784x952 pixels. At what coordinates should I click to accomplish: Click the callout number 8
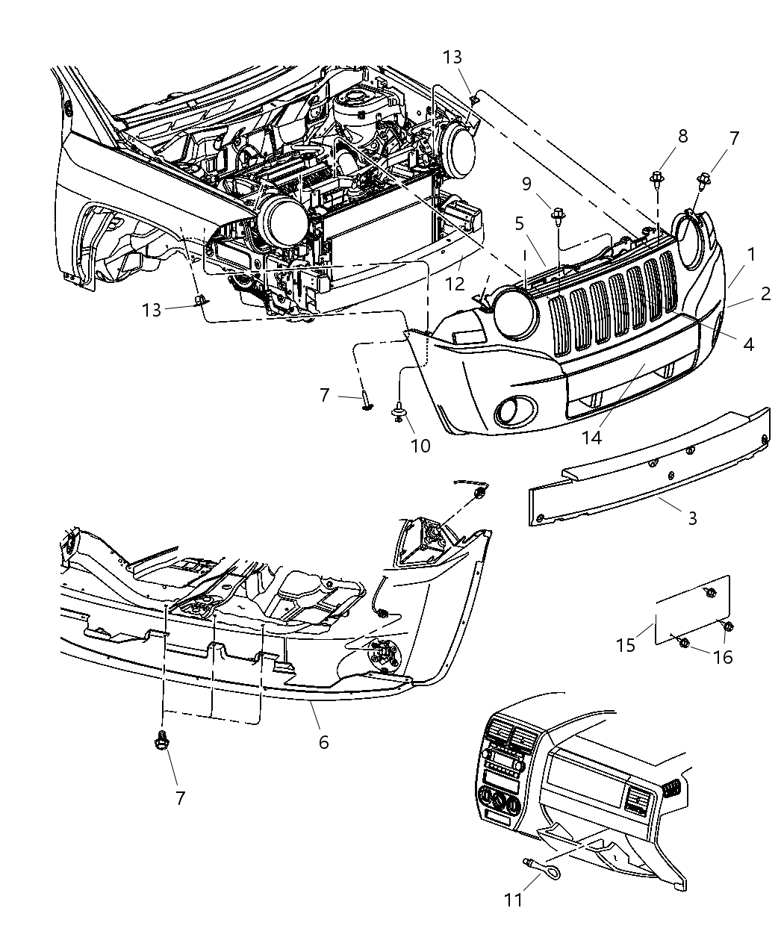[x=662, y=136]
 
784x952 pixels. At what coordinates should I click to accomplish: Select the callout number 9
[x=547, y=184]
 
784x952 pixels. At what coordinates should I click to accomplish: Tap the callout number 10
[x=420, y=446]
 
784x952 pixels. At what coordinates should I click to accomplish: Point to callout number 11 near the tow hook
[x=513, y=900]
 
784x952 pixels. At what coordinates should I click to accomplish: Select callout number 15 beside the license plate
[x=626, y=644]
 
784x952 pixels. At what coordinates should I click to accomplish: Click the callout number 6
[x=323, y=742]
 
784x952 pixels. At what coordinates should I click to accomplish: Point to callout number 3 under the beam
[x=692, y=517]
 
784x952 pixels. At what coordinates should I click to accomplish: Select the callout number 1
[x=751, y=254]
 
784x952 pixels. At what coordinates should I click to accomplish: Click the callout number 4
[x=748, y=343]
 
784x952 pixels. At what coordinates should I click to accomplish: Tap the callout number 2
[x=765, y=294]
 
